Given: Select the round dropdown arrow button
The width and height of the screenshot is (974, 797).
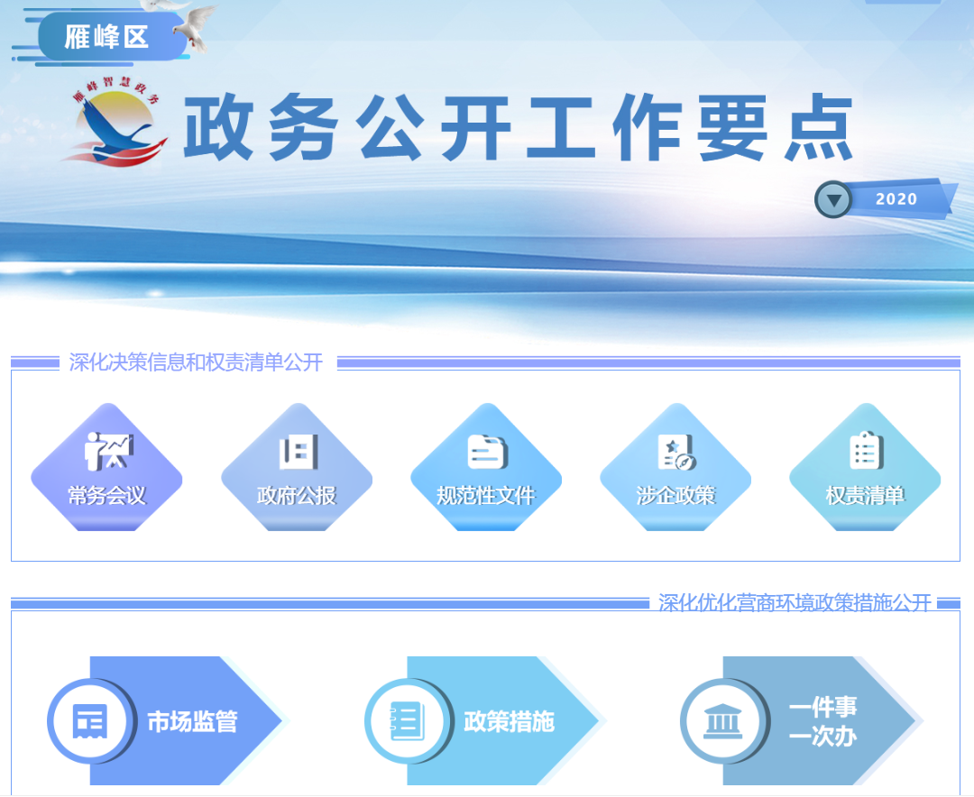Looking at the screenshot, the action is pos(833,199).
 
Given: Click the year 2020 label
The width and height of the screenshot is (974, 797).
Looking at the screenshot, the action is pos(896,198).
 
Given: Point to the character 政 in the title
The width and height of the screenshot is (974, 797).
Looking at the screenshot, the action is pos(218,127).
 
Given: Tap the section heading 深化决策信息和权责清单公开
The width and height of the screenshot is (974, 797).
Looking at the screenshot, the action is pos(196,362).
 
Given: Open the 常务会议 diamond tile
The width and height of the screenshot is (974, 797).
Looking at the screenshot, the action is pos(106,467).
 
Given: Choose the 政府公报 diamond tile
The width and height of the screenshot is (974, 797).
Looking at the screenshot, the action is pos(297,467).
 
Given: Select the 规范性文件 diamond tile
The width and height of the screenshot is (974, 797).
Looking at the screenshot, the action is pos(486,467).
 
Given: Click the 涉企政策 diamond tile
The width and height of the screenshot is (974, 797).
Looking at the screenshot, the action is pos(675,467).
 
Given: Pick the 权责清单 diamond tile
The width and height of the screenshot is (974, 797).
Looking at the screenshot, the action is pos(865,467).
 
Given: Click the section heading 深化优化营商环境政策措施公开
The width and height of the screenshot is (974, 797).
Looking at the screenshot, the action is pos(795,602).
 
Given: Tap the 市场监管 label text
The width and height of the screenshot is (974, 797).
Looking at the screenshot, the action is pos(193,722).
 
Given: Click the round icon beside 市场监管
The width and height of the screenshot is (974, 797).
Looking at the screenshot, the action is pos(91,721).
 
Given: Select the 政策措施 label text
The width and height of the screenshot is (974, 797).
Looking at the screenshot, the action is pos(510,722).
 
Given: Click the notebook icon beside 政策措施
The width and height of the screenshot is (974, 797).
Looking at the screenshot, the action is pos(408,721).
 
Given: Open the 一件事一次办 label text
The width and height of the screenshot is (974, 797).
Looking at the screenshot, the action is pos(823,721).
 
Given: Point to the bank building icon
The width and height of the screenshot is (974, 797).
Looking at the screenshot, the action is pos(722,721).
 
